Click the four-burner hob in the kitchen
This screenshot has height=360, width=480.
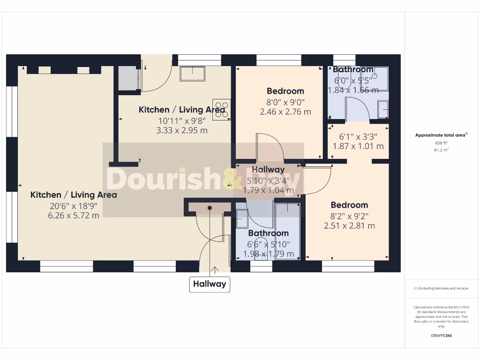[x=222, y=109]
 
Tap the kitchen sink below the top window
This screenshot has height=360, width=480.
[x=192, y=74]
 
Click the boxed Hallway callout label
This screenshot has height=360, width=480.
[x=210, y=284]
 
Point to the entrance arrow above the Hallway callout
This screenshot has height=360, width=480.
[x=215, y=270]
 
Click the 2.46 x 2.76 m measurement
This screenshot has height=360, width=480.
[x=285, y=112]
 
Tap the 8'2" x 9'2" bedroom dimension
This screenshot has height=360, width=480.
[x=349, y=216]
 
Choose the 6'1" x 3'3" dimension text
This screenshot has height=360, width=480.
[x=358, y=136]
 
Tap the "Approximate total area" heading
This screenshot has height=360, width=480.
[x=441, y=135]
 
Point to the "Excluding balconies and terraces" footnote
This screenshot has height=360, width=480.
[x=441, y=288]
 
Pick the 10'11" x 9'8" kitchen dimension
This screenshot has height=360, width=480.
[x=181, y=120]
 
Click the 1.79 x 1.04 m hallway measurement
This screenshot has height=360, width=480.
[x=268, y=190]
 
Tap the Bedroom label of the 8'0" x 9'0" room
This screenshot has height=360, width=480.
[x=285, y=91]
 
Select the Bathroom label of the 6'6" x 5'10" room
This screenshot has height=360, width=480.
[x=268, y=233]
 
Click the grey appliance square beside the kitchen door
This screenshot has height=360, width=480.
[x=127, y=78]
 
